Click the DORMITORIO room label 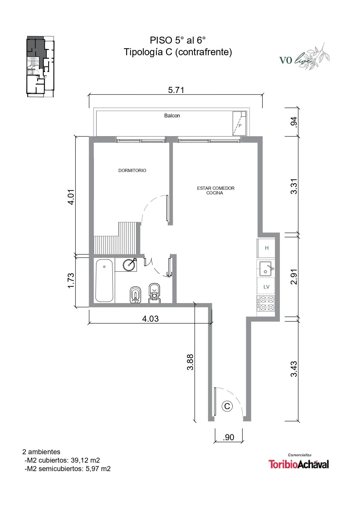click(x=132, y=171)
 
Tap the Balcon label click(x=172, y=116)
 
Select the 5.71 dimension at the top click(x=176, y=90)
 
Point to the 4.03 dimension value click(x=150, y=319)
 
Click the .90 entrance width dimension click(x=228, y=437)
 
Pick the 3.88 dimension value click(x=190, y=362)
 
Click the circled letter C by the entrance click(x=227, y=406)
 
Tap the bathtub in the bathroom click(x=104, y=281)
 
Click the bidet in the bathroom click(x=135, y=295)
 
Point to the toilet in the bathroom click(x=154, y=294)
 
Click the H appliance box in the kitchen click(x=266, y=248)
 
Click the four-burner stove click(x=266, y=303)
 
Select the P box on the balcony click(x=240, y=124)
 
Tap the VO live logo click(x=304, y=57)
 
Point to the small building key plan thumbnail click(x=41, y=66)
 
